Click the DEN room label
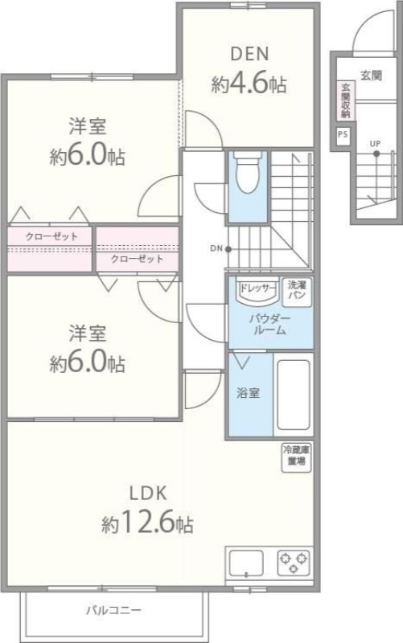pos(249,55)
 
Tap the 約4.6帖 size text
pos(249,83)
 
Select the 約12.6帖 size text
pos(147,525)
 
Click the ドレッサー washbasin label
pos(256,286)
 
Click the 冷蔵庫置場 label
pos(294,457)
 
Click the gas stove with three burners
pos(294,561)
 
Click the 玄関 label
pos(371,75)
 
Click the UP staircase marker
pos(375,145)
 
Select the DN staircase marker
pos(216,248)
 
